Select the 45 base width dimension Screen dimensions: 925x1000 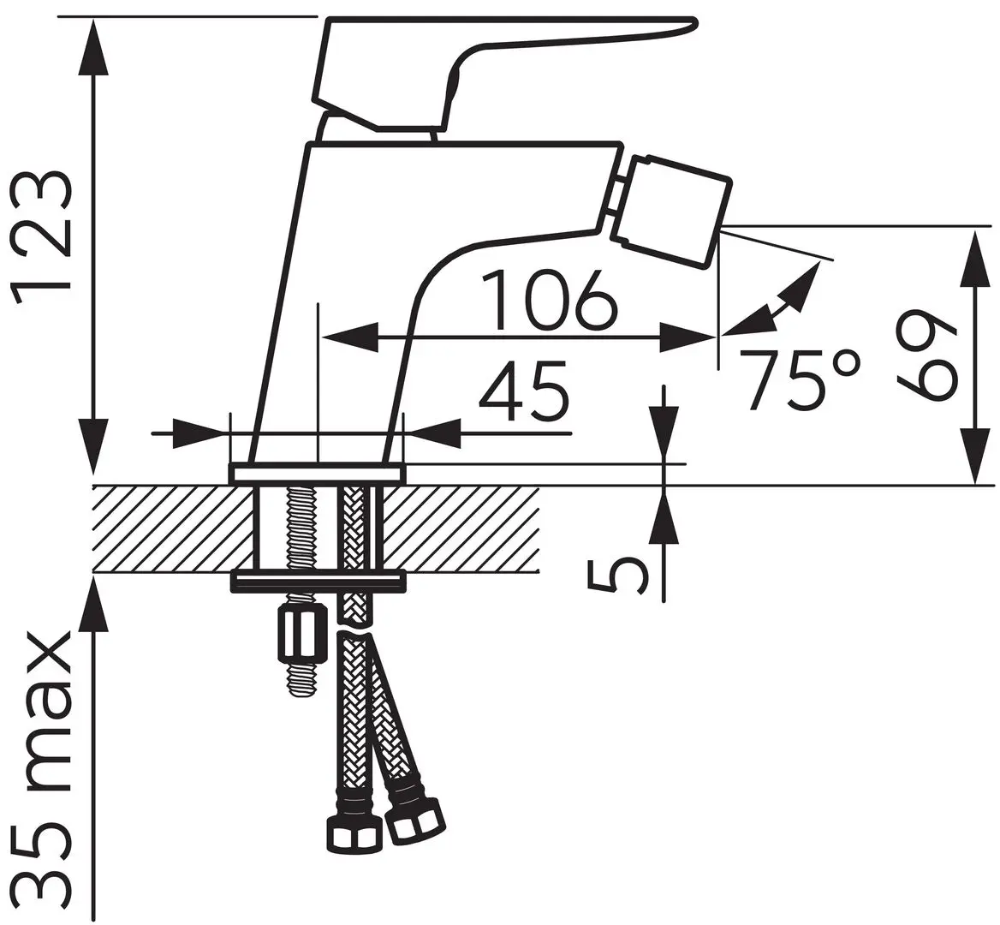tap(523, 391)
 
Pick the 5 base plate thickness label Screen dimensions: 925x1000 tap(617, 575)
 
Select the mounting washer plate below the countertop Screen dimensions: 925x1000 tap(318, 582)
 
